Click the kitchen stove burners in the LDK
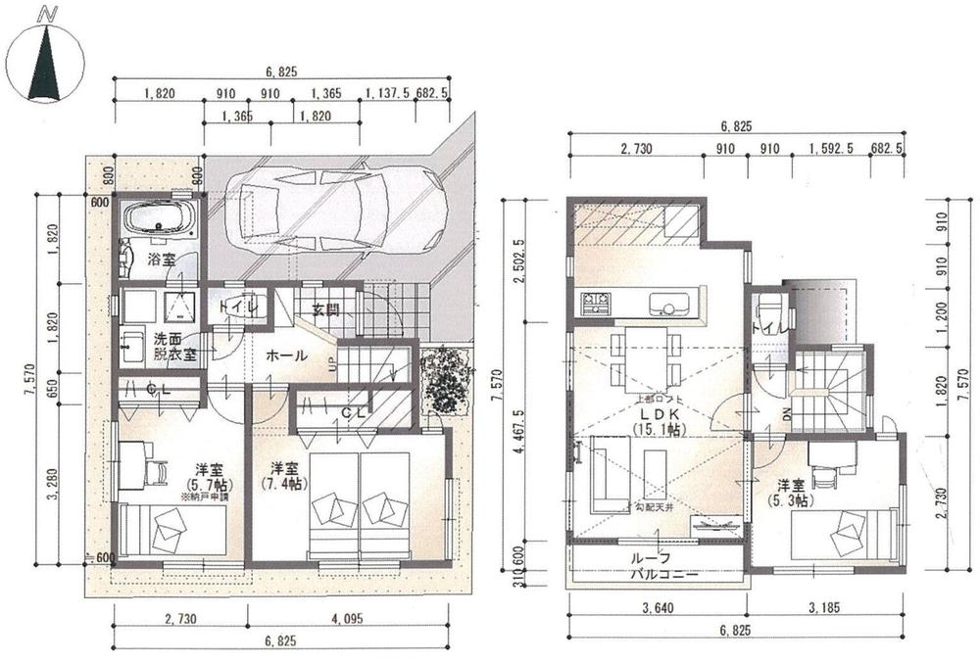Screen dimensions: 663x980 point(594,304)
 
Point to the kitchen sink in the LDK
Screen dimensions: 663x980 point(670,304)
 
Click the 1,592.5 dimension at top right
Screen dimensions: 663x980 point(831,149)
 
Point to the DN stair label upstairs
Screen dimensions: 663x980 point(788,414)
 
